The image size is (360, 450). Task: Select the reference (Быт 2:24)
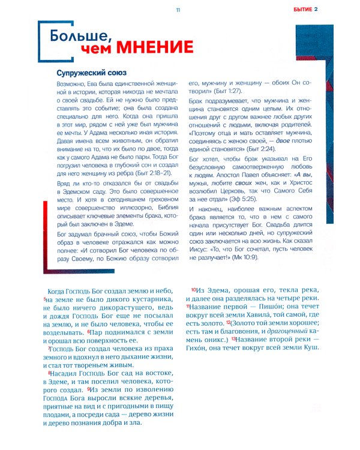(276, 148)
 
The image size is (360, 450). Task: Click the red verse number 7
(49, 349)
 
